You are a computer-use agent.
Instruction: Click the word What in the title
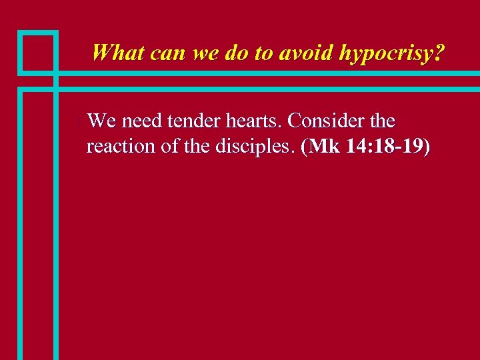(x=118, y=52)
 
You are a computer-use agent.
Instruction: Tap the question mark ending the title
(x=437, y=52)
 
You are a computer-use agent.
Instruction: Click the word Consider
(x=326, y=121)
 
